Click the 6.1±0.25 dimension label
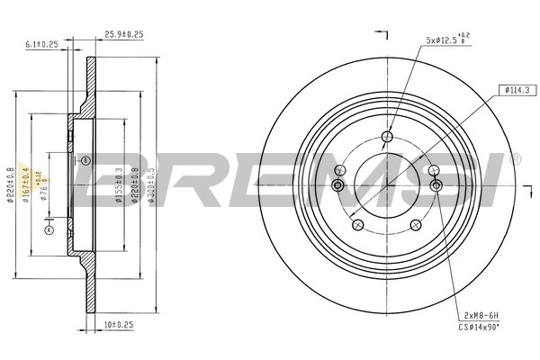tap(42, 43)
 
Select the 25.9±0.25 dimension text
tap(123, 35)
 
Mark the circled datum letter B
tap(85, 160)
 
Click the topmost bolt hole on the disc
tap(387, 137)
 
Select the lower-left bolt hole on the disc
tap(357, 227)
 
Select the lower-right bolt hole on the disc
tap(416, 227)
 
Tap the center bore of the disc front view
tap(387, 185)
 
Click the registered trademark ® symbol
tap(515, 158)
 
